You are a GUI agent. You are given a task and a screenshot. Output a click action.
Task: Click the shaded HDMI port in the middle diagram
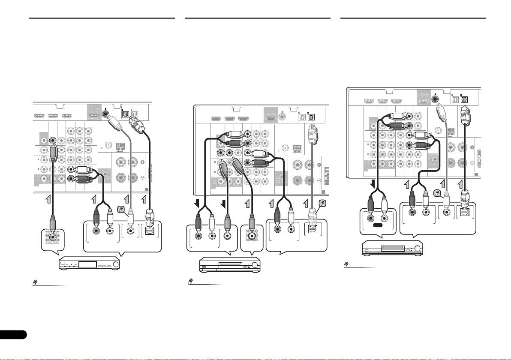point(271,119)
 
